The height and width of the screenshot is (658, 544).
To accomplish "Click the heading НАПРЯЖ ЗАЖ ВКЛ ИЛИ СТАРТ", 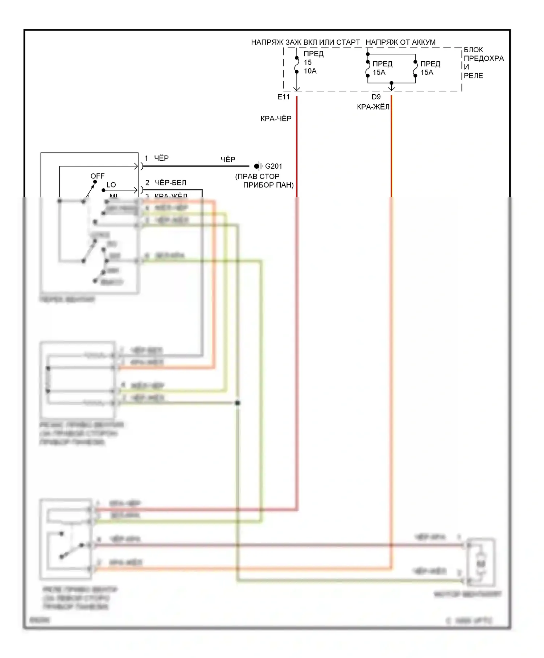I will click(305, 42).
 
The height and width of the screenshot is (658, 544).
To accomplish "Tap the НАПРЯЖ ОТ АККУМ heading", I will click(400, 42).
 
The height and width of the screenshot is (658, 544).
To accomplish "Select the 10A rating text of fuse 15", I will click(310, 71).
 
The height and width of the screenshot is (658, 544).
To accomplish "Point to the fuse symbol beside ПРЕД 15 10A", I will click(297, 65).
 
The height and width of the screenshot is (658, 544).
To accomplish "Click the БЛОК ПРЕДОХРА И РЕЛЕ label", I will click(483, 63).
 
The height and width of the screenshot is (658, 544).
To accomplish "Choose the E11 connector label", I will click(284, 97).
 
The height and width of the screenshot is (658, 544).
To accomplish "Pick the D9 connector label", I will click(376, 97).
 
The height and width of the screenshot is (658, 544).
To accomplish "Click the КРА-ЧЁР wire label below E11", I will click(276, 119).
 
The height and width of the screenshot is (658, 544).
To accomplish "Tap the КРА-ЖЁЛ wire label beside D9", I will click(373, 107).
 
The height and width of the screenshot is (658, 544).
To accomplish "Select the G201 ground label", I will click(273, 166).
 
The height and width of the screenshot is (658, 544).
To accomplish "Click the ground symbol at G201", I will click(258, 166).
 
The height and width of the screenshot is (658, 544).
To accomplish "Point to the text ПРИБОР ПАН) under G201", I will click(268, 185).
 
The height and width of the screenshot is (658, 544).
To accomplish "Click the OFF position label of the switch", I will click(98, 176).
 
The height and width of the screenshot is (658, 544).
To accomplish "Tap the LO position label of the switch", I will click(111, 185).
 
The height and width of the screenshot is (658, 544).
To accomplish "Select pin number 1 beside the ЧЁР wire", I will click(147, 158).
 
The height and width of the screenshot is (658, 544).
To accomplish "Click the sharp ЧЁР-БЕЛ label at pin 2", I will click(170, 183).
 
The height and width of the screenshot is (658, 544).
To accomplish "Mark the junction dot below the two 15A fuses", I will click(391, 83).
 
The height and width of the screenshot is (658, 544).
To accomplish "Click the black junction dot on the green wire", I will click(238, 403).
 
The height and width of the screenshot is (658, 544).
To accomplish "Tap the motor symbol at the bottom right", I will click(481, 563).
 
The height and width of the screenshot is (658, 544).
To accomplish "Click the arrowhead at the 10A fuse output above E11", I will click(297, 89).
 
